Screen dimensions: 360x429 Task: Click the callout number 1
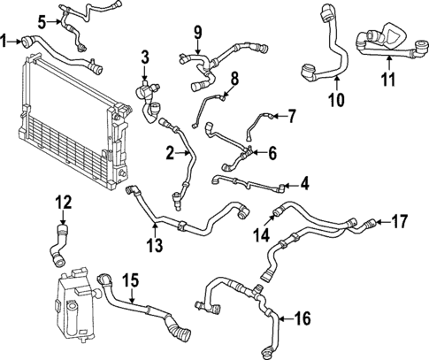[5, 40]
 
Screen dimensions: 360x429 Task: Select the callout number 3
[145, 58]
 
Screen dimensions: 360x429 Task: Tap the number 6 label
[272, 153]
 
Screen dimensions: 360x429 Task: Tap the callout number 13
[155, 245]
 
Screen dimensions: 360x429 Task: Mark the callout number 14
[262, 235]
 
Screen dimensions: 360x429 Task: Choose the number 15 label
[130, 281]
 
